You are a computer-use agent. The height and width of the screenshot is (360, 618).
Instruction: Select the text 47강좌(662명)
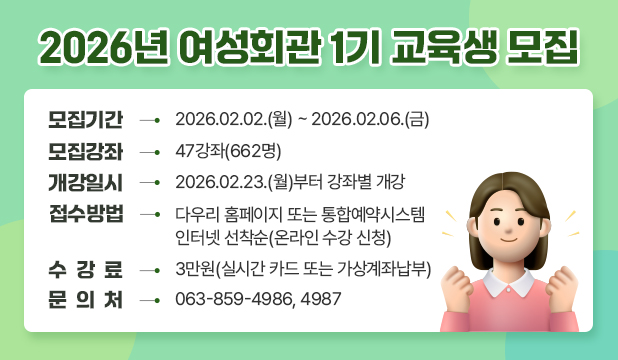pos(228,152)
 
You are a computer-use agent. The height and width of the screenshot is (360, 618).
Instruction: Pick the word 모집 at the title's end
pos(542,46)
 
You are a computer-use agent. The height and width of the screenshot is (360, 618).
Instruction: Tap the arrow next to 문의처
pos(152,300)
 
